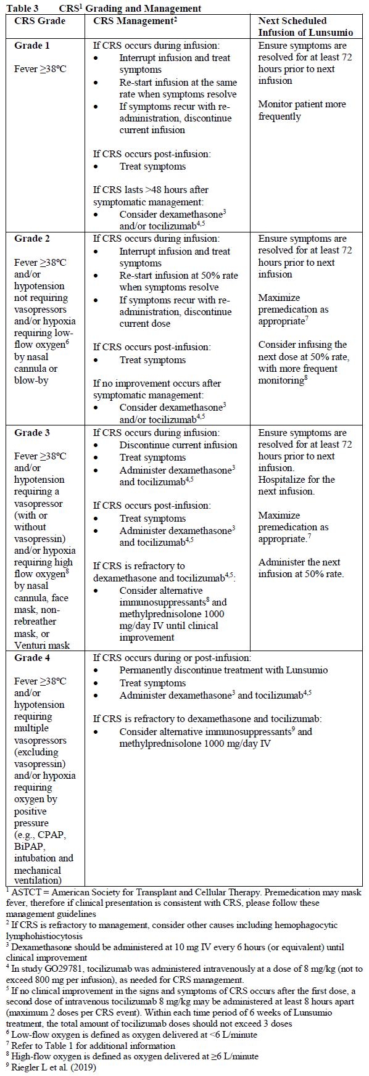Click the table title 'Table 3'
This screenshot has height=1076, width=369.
[22, 8]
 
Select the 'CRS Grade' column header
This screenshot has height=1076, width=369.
[39, 21]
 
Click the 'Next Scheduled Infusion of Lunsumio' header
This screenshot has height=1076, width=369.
[305, 27]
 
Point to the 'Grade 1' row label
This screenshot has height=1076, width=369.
[32, 46]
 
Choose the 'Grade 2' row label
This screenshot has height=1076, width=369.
[32, 239]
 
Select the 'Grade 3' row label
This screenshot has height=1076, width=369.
[32, 433]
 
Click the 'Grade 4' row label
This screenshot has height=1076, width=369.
[32, 658]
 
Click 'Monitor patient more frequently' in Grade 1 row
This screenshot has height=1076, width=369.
[302, 110]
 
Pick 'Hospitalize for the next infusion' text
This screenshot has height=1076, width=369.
[296, 485]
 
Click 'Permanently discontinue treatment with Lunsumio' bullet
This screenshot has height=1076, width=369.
[223, 670]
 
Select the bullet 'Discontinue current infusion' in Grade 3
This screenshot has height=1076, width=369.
[178, 445]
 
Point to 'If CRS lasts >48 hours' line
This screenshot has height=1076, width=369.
[151, 190]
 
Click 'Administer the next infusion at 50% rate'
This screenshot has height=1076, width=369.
[301, 568]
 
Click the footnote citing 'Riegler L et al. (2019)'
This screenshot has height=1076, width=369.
[53, 1068]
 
